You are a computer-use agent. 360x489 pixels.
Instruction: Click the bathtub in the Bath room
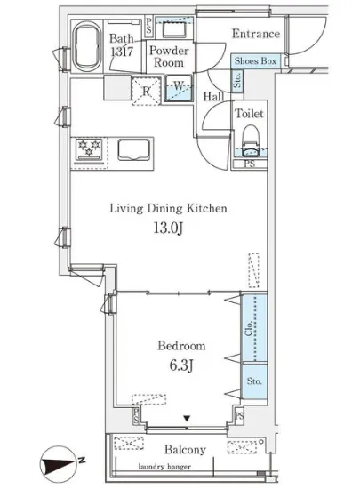pyautogui.click(x=86, y=46)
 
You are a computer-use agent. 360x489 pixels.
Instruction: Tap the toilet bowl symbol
pyautogui.click(x=252, y=140)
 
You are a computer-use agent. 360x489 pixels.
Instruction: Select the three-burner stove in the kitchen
pyautogui.click(x=89, y=149)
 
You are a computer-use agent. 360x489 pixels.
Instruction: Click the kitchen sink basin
pyautogui.click(x=133, y=150)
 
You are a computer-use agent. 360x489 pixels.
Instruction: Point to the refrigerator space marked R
pyautogui.click(x=147, y=91)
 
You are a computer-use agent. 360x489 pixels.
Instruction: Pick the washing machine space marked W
pyautogui.click(x=179, y=88)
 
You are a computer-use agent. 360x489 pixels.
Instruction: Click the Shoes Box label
pyautogui.click(x=255, y=60)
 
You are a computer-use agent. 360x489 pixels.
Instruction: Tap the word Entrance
pyautogui.click(x=256, y=34)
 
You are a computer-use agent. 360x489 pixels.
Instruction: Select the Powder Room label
pyautogui.click(x=169, y=56)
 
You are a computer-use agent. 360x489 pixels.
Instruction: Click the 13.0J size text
pyautogui.click(x=168, y=228)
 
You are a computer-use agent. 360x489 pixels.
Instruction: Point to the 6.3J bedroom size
pyautogui.click(x=181, y=365)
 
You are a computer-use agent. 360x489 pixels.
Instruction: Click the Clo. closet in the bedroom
pyautogui.click(x=254, y=328)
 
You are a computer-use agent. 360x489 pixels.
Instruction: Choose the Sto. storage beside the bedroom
pyautogui.click(x=254, y=381)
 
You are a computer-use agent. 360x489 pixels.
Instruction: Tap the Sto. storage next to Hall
pyautogui.click(x=237, y=80)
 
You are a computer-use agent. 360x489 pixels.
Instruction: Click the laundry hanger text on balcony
pyautogui.click(x=164, y=467)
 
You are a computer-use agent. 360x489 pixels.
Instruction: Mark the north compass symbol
pyautogui.click(x=60, y=463)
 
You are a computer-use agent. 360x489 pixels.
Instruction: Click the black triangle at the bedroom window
pyautogui.click(x=187, y=419)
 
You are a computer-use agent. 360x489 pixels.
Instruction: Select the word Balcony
pyautogui.click(x=186, y=450)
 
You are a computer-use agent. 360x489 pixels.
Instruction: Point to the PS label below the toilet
pyautogui.click(x=250, y=164)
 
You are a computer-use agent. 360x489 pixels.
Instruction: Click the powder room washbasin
pyautogui.click(x=174, y=30)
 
